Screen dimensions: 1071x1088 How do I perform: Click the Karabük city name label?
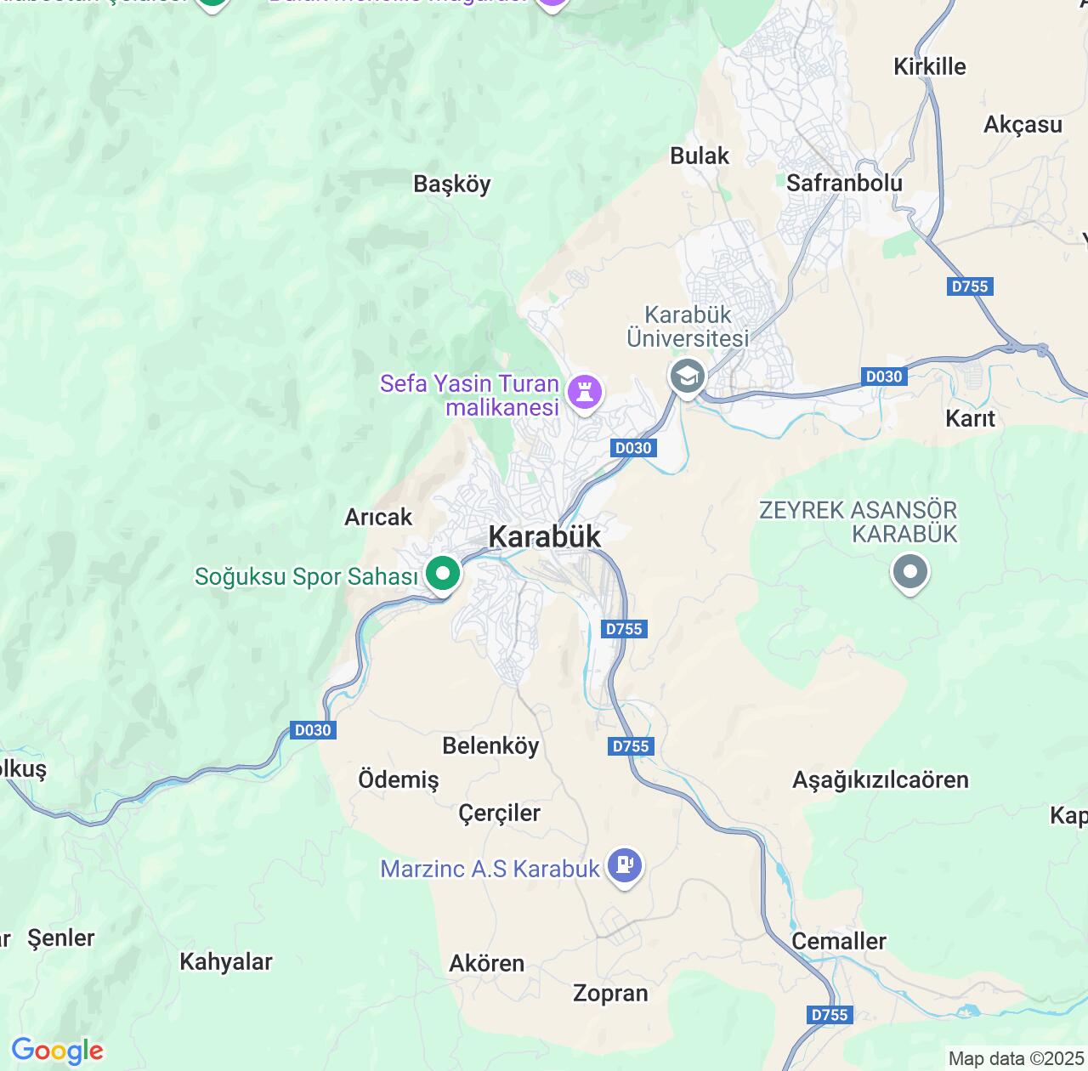tap(545, 536)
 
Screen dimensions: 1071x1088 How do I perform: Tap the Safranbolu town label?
tap(844, 183)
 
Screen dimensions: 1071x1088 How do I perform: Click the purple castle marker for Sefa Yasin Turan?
tap(585, 392)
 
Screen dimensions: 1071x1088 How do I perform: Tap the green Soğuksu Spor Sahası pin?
tap(442, 574)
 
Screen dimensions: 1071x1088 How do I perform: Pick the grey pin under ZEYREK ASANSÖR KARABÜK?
tap(910, 571)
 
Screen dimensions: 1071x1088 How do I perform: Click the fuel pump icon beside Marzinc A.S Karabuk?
tap(625, 865)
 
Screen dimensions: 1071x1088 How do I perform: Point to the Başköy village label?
tap(451, 184)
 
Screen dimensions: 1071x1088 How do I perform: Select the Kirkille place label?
tap(929, 66)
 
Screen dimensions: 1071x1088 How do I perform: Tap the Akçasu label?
tap(1023, 125)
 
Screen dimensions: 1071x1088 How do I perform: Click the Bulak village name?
tap(700, 156)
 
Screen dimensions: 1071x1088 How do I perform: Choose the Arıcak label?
tap(378, 517)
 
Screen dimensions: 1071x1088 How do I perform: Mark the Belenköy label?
tap(490, 745)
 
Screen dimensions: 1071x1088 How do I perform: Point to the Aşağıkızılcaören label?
tap(880, 779)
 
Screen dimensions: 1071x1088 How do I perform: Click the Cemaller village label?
tap(838, 941)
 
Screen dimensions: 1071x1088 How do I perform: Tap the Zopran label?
tap(610, 993)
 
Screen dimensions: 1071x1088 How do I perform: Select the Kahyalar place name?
tap(225, 961)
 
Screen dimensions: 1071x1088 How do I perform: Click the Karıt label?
tap(970, 418)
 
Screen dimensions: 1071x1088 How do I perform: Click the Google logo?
tap(57, 1051)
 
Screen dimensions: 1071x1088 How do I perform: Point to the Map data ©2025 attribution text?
tap(1016, 1058)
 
